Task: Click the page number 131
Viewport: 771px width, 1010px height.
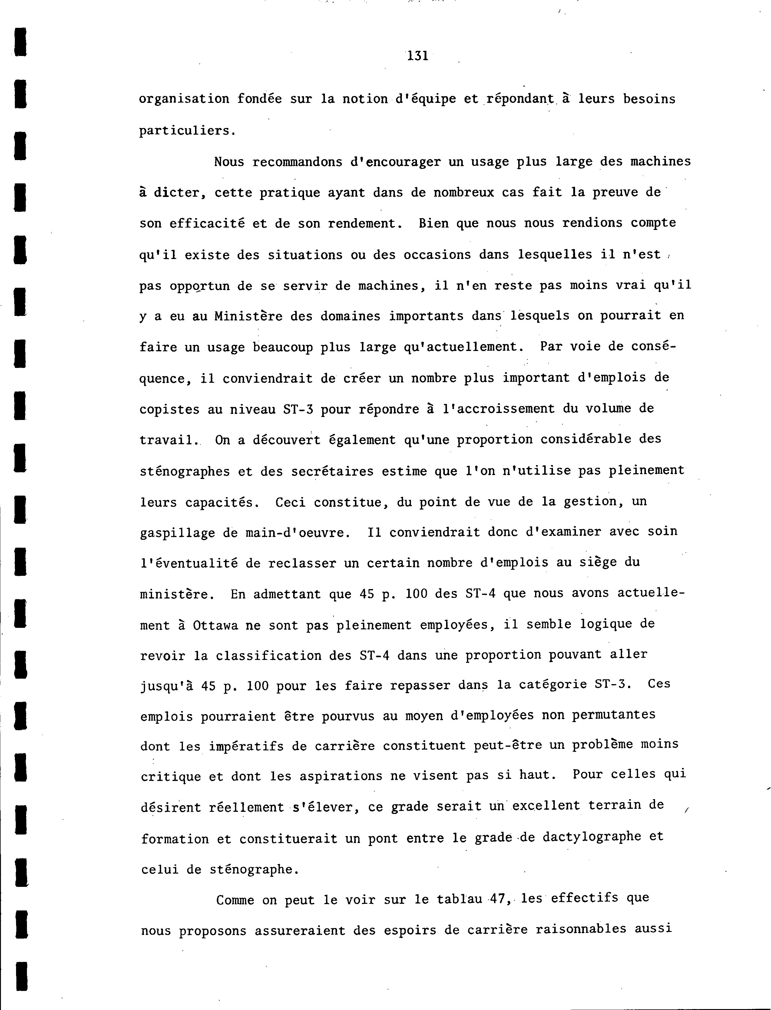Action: (x=418, y=56)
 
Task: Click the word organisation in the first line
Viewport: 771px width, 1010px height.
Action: (x=184, y=99)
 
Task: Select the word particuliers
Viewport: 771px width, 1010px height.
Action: (x=187, y=131)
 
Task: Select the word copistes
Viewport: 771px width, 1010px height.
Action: (x=169, y=409)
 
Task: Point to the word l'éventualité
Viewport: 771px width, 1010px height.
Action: (x=189, y=563)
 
